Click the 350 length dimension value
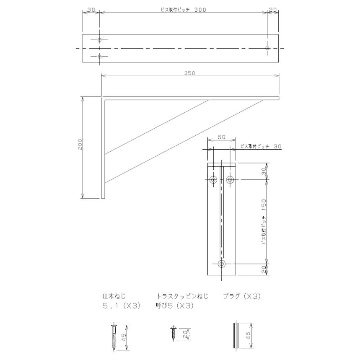(190, 73)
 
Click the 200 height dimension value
(80, 144)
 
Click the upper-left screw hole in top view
(99, 40)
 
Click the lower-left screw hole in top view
(99, 57)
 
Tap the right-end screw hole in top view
(267, 49)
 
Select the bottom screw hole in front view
(222, 264)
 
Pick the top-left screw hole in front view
(214, 180)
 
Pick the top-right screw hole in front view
(230, 180)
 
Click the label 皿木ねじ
(114, 296)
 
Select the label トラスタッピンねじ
(182, 296)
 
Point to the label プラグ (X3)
(242, 296)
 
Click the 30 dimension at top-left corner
(91, 9)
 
